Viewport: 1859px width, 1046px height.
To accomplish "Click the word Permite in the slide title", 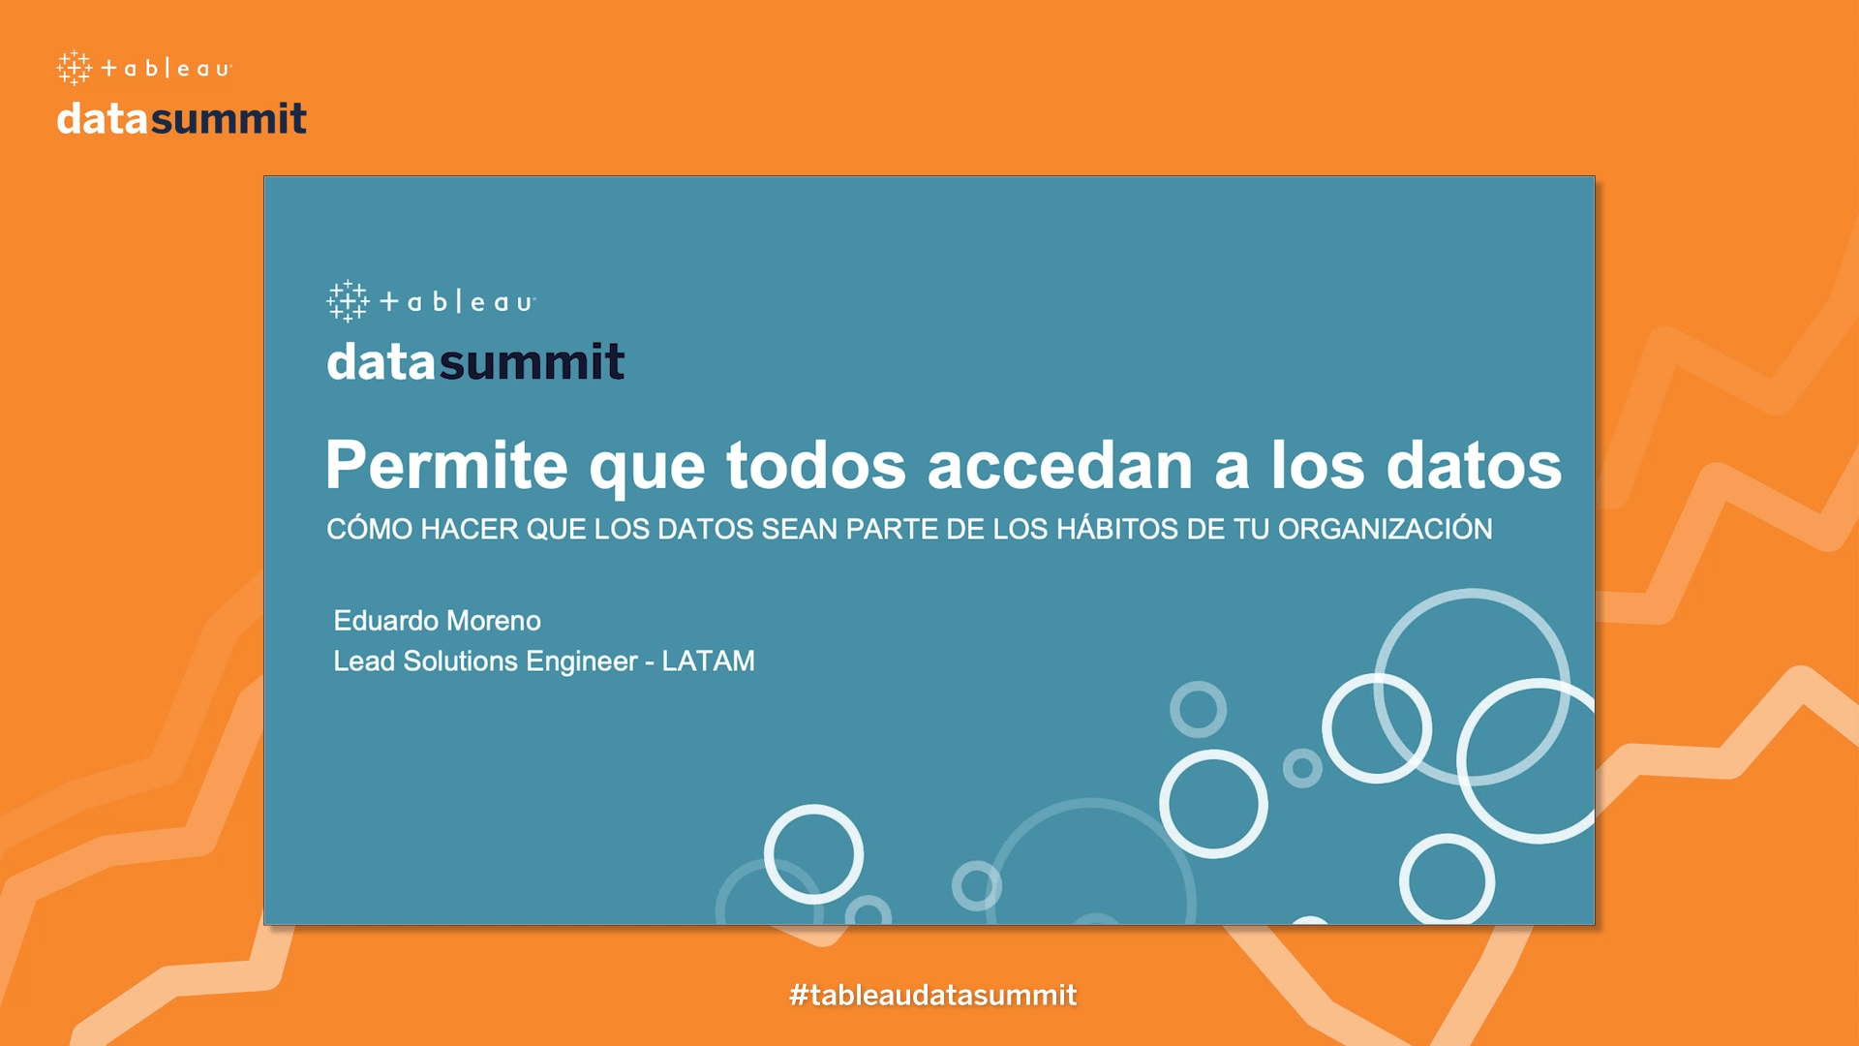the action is point(446,465).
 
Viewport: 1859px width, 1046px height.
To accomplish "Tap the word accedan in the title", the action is point(1060,465).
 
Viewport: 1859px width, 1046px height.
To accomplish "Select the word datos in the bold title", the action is point(1474,465).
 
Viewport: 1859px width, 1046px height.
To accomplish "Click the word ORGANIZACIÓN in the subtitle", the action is point(1385,529).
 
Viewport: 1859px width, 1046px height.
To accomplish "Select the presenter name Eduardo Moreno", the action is point(437,621).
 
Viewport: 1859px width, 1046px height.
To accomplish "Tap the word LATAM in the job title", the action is point(708,661).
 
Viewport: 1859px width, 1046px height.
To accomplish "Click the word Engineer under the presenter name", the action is point(582,661).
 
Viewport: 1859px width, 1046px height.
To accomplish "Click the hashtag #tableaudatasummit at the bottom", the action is point(932,995).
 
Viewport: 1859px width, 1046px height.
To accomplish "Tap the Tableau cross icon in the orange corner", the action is point(74,68).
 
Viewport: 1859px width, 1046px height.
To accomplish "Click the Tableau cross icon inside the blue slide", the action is point(348,301).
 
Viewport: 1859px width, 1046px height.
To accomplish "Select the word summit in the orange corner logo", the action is point(229,118).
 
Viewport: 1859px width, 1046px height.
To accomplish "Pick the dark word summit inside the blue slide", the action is point(532,361).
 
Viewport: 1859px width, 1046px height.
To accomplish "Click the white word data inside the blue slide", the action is point(381,361).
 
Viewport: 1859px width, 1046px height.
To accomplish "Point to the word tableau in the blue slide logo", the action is point(457,302).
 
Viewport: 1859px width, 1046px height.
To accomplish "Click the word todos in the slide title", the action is point(816,465).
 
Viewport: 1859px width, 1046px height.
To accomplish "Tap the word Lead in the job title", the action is point(364,661).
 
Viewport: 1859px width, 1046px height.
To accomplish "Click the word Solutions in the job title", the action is point(461,661).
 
